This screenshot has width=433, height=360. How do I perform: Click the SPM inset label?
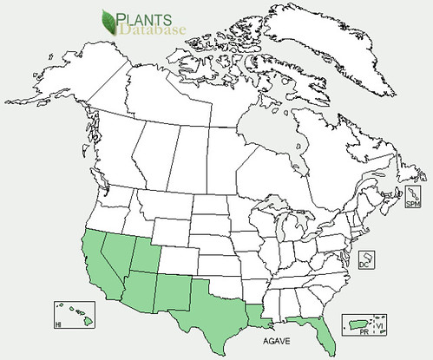412,204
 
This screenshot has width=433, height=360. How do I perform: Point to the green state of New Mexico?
174,291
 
